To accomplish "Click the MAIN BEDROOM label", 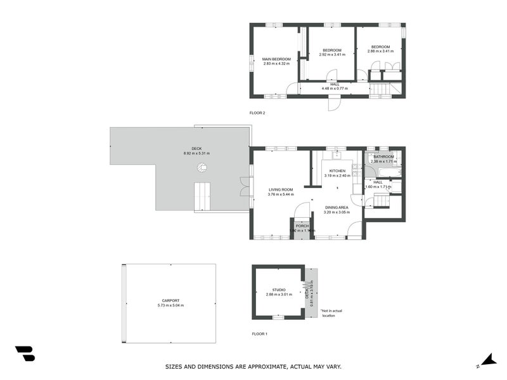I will (276, 59).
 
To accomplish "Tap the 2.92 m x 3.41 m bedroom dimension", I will (331, 54).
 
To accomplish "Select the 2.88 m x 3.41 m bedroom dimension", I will (380, 51).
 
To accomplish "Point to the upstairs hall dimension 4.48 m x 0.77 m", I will (335, 88).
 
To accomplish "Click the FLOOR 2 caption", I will (257, 113).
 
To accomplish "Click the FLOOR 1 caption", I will (260, 333).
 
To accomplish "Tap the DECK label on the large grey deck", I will (196, 149).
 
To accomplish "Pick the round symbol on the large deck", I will (202, 168).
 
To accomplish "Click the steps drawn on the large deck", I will (202, 196).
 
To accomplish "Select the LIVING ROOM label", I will (280, 189).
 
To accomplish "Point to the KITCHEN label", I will (337, 171).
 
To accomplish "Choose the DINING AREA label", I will (337, 208).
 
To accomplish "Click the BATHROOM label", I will (383, 156).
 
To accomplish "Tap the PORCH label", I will (302, 226).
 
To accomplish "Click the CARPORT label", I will (170, 300).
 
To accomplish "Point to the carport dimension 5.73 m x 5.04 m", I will (170, 305).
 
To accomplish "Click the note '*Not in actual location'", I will (331, 313).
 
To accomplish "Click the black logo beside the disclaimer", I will (25, 353).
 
